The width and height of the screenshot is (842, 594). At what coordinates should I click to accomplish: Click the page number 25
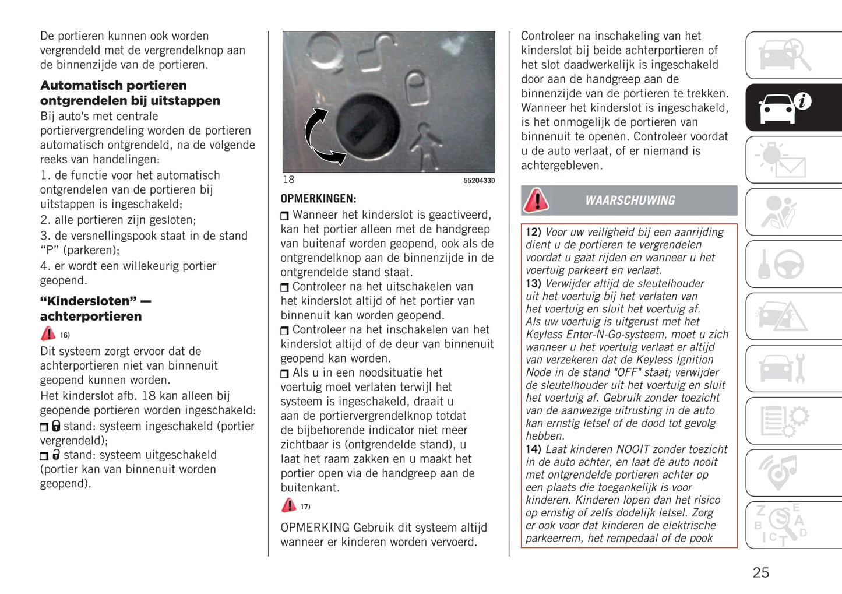760,572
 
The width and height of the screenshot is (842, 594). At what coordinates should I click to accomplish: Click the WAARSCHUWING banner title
630,201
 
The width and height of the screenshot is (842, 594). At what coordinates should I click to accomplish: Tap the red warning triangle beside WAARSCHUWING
536,200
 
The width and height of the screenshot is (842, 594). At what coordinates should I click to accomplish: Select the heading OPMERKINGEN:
318,198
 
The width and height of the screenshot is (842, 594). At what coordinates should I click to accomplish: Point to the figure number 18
288,180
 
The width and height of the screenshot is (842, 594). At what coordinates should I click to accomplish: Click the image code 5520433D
479,181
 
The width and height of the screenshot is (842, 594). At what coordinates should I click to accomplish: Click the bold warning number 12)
533,232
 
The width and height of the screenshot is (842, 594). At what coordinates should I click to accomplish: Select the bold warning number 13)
533,283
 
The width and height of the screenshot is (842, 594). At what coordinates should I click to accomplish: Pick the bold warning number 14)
533,449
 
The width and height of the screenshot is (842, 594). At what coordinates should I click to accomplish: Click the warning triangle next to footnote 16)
48,333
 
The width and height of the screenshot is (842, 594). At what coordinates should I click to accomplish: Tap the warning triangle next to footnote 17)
289,505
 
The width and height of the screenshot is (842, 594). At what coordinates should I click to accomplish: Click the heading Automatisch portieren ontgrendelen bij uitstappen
130,93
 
